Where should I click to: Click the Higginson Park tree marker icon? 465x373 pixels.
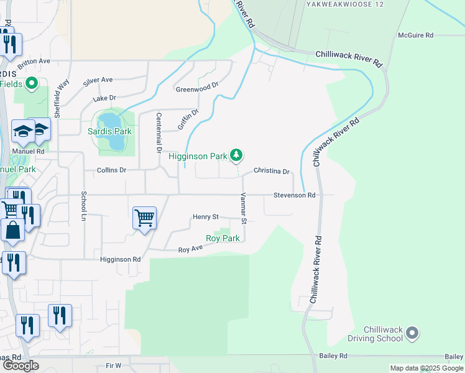[x=236, y=155]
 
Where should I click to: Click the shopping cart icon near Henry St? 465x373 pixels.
[x=144, y=218]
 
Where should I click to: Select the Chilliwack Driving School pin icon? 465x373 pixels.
[x=412, y=334]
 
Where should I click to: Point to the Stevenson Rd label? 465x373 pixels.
[x=295, y=195]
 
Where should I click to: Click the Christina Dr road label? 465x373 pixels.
[x=272, y=172]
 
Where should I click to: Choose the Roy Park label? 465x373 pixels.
[x=223, y=238]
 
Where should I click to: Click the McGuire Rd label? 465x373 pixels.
[x=415, y=35]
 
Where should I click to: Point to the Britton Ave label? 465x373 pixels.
[x=33, y=62]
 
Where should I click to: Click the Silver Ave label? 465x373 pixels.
[x=98, y=80]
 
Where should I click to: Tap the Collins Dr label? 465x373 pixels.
[x=111, y=170]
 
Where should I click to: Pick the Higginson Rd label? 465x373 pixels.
[x=121, y=259]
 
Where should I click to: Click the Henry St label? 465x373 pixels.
[x=205, y=217]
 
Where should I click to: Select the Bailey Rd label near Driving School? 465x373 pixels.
[x=334, y=356]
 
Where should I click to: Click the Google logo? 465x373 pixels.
[x=21, y=366]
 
